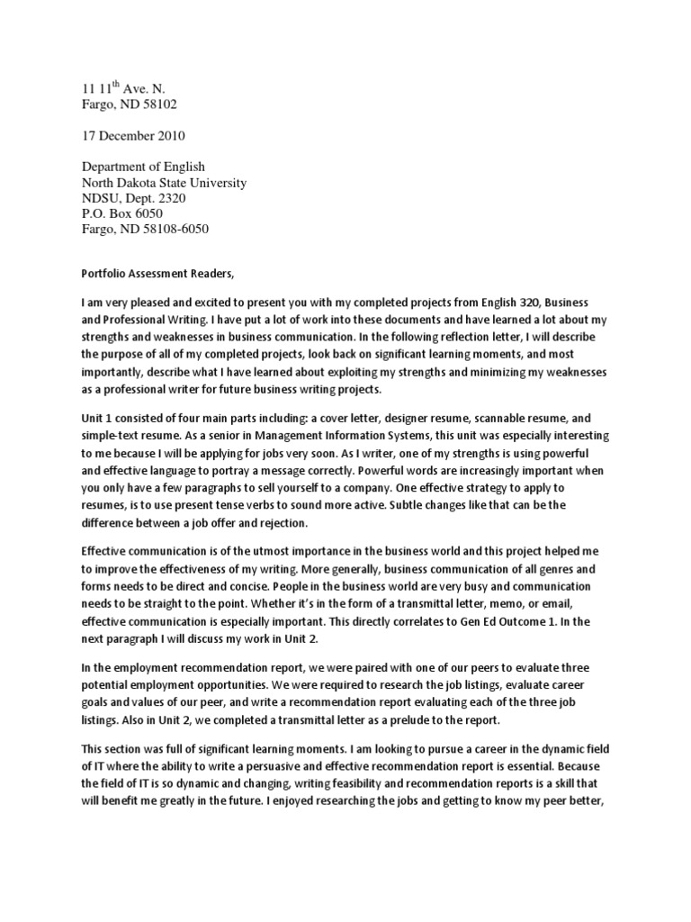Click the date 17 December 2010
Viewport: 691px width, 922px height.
[133, 136]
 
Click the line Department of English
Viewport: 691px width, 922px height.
[143, 167]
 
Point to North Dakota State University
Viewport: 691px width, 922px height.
[164, 183]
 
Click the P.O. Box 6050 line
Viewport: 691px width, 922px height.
[121, 213]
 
